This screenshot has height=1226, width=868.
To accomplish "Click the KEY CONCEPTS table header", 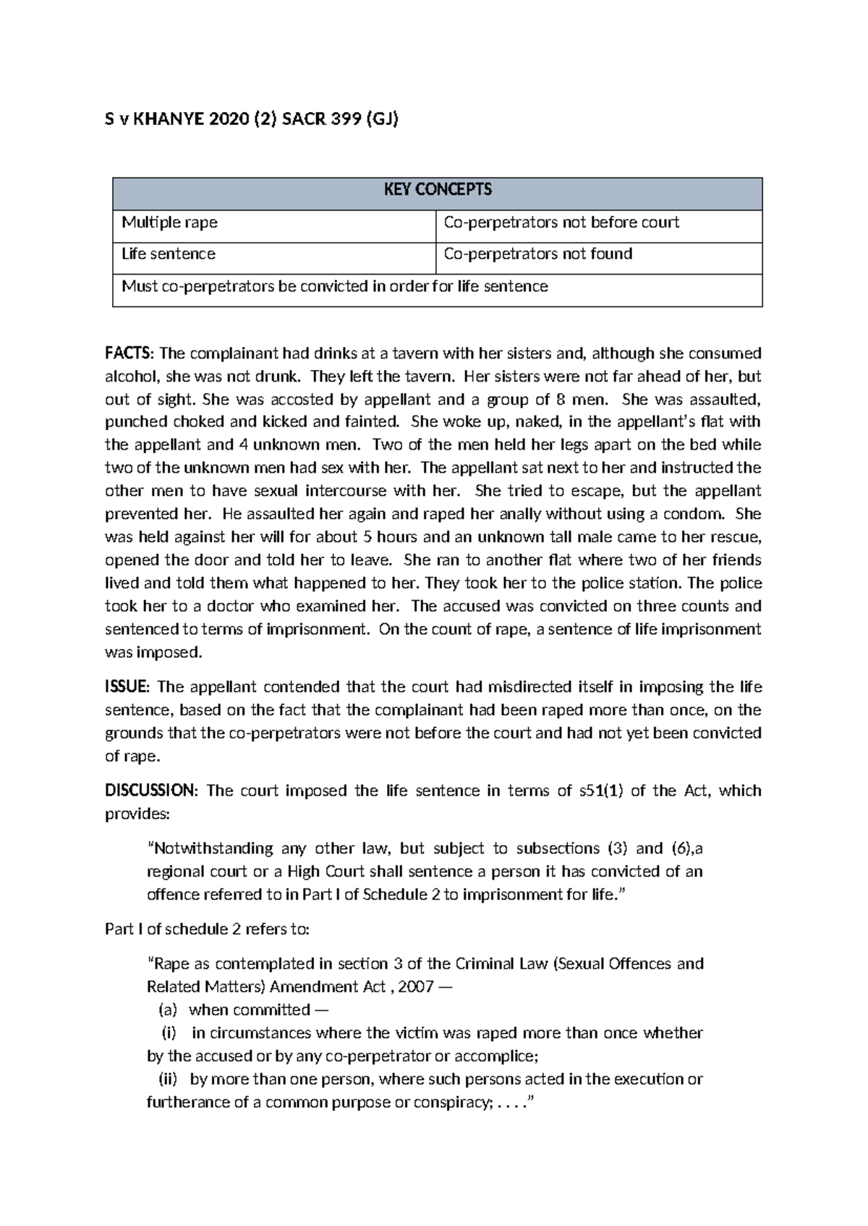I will point(437,189).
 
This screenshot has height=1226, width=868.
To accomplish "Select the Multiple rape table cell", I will point(170,223).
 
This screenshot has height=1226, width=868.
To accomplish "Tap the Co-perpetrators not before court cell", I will point(561,223).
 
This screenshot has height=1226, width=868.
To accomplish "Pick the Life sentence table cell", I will point(169,254).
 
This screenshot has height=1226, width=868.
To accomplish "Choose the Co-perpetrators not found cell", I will point(538,254).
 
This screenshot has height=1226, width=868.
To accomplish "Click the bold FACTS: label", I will point(129,353).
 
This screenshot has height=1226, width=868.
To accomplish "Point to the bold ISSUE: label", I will point(127,687).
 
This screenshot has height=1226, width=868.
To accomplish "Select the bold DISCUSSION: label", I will point(150,791).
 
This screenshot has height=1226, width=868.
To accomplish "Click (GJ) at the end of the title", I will point(382,120).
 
